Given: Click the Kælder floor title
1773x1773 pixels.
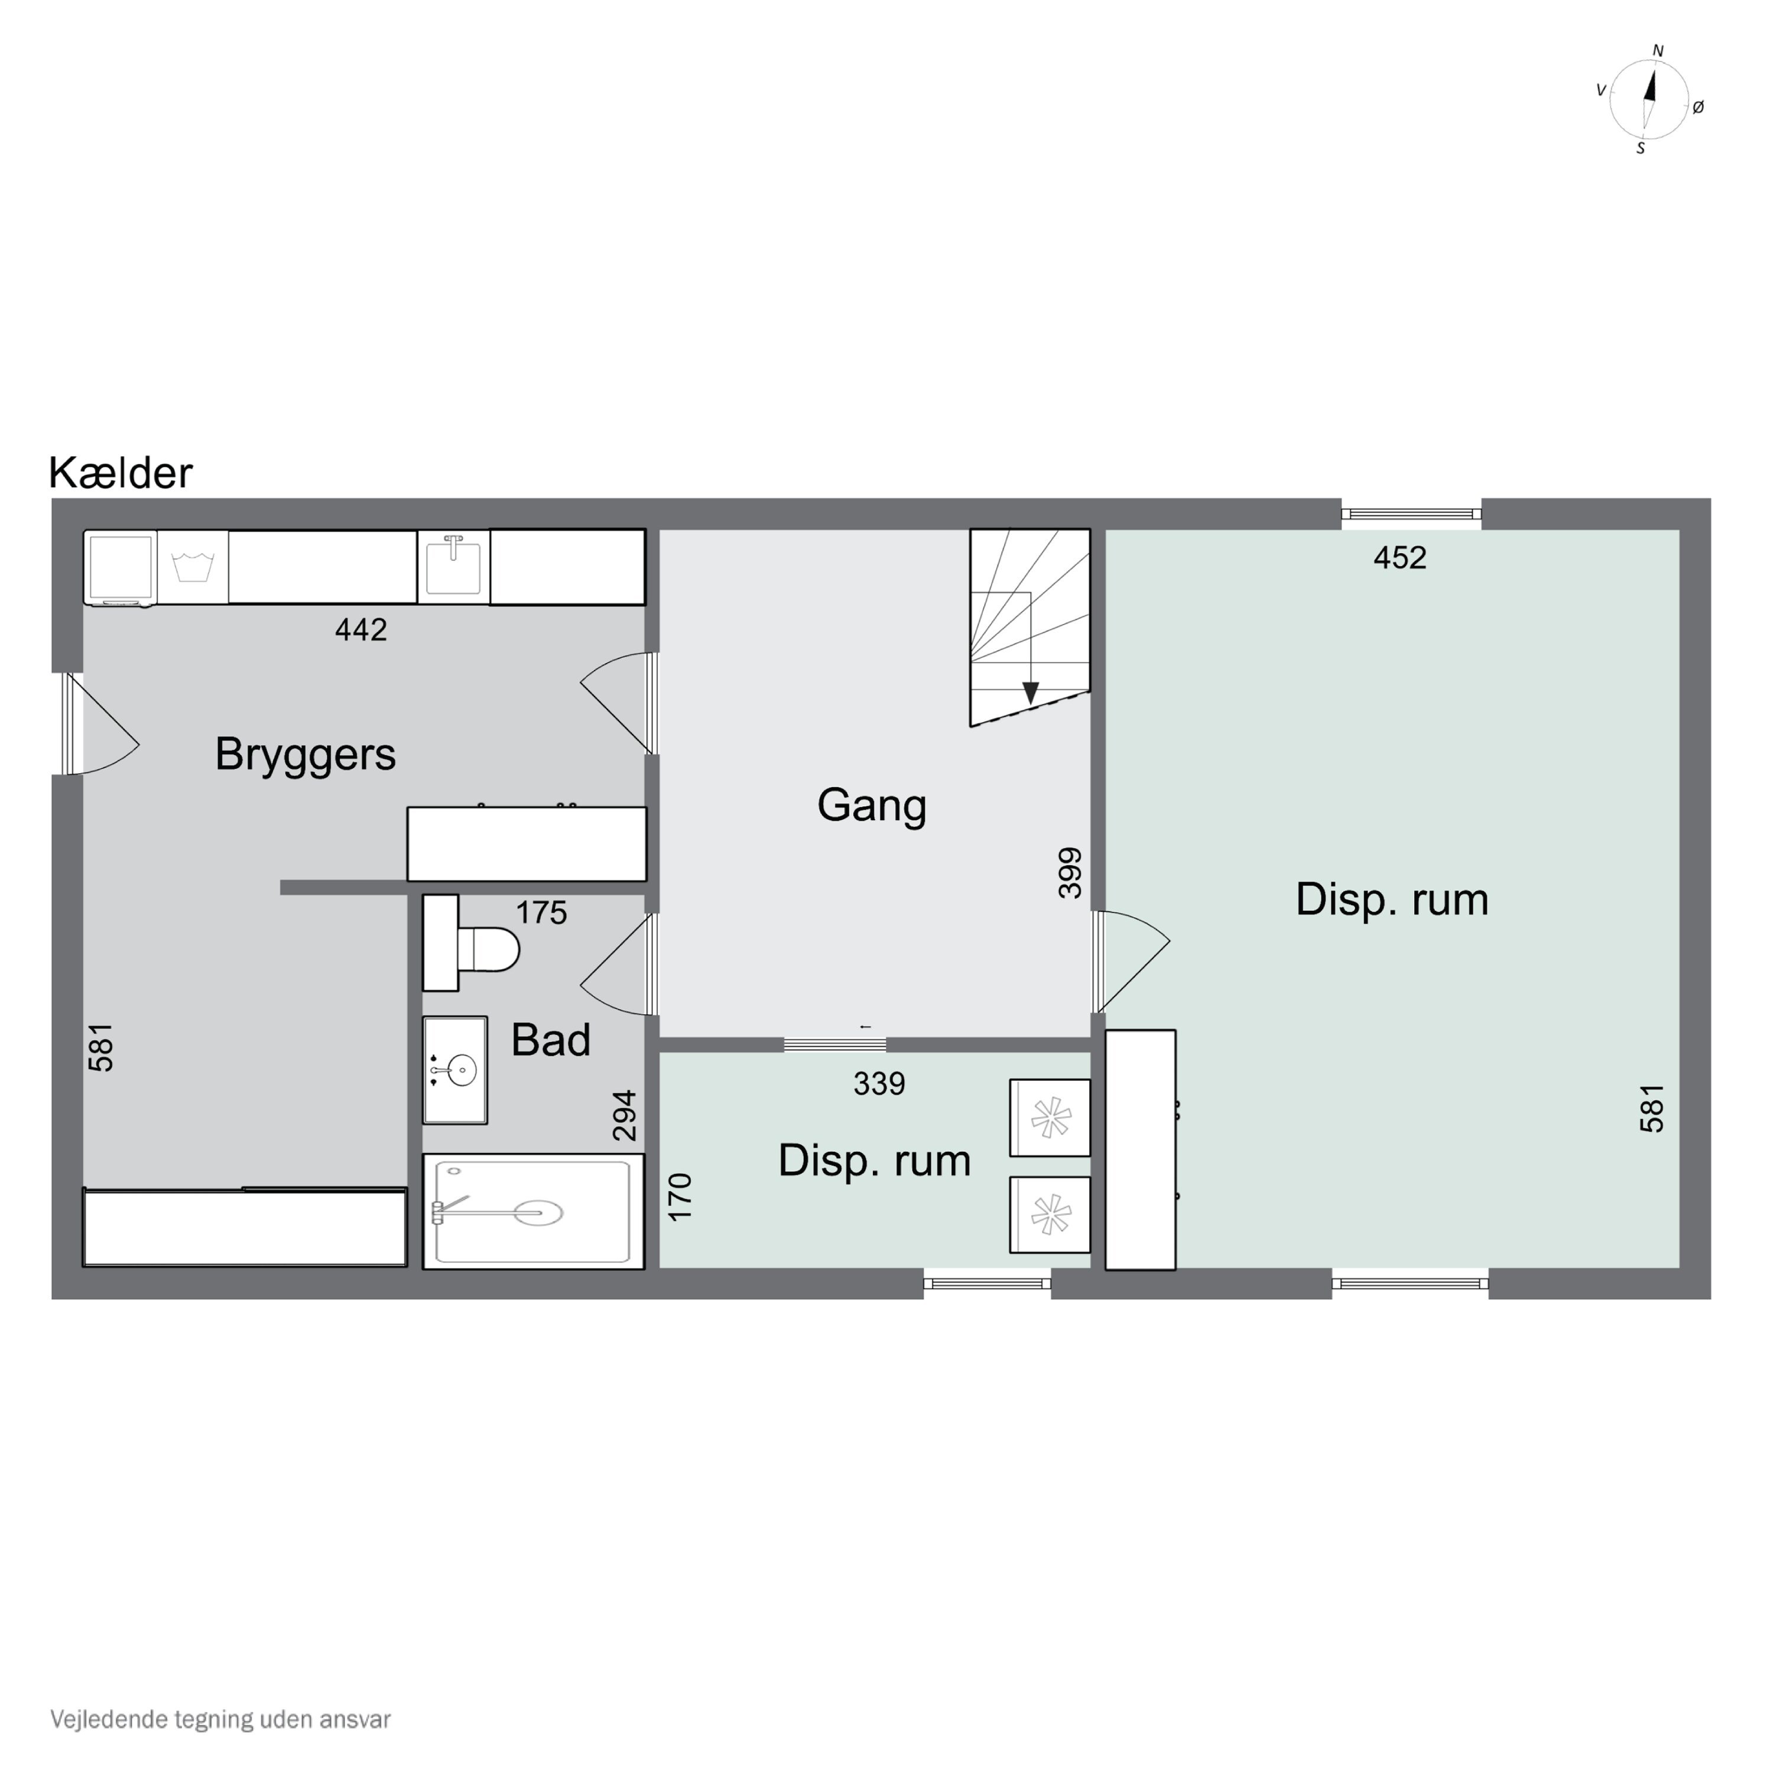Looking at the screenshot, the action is [x=120, y=473].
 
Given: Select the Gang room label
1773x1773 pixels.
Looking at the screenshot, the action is [x=872, y=806].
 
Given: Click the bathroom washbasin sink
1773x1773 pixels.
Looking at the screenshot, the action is [x=454, y=1070].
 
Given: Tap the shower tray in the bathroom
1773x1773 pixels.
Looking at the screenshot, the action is [x=533, y=1212].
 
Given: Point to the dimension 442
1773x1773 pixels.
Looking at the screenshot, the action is [x=361, y=629].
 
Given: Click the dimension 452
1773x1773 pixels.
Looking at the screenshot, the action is [x=1399, y=558].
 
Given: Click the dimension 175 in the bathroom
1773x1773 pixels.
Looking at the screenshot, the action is [x=541, y=913].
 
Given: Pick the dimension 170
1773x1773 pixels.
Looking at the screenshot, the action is [x=680, y=1197].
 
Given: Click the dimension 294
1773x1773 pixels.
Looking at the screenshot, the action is [x=624, y=1115].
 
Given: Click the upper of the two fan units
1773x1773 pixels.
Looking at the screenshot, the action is [x=1050, y=1118].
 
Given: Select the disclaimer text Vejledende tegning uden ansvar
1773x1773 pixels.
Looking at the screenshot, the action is [x=220, y=1719].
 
